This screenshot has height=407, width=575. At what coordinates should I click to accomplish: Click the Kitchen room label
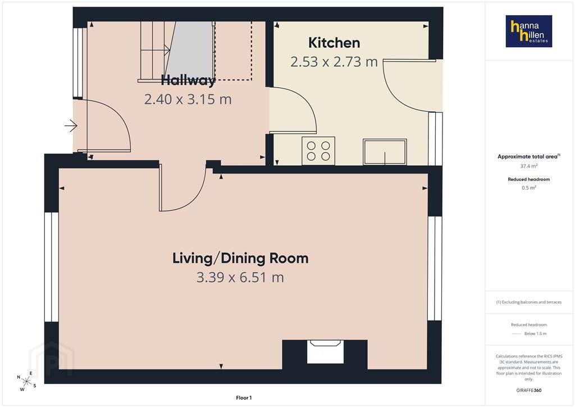(x=334, y=43)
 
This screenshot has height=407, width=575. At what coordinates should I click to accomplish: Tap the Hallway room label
(x=188, y=80)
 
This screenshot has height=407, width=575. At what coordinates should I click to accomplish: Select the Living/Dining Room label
(x=240, y=259)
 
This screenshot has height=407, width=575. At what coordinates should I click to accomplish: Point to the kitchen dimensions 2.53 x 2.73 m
(x=334, y=62)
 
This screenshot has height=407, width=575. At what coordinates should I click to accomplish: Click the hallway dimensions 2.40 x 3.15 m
(x=188, y=99)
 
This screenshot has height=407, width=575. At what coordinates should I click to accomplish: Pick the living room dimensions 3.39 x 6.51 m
(x=240, y=278)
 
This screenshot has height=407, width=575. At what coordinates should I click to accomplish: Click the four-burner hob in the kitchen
(x=318, y=151)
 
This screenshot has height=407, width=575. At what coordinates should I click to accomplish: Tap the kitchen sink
(x=385, y=152)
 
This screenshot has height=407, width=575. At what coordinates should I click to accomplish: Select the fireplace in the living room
(x=325, y=352)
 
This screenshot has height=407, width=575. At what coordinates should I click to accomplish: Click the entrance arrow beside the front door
(x=71, y=126)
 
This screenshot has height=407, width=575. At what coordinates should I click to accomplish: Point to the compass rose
(x=26, y=381)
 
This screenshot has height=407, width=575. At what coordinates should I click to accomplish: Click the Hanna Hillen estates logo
(x=529, y=31)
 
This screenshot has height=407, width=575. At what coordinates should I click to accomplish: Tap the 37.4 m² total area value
(x=529, y=166)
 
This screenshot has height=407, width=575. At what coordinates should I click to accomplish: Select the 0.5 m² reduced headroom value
(x=529, y=188)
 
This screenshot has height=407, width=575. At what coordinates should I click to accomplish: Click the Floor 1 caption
(x=244, y=398)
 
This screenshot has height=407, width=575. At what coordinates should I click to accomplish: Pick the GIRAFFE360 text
(x=529, y=390)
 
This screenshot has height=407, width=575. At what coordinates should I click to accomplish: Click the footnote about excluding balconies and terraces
(x=529, y=302)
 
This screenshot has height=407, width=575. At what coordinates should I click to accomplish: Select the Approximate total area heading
(x=528, y=156)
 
